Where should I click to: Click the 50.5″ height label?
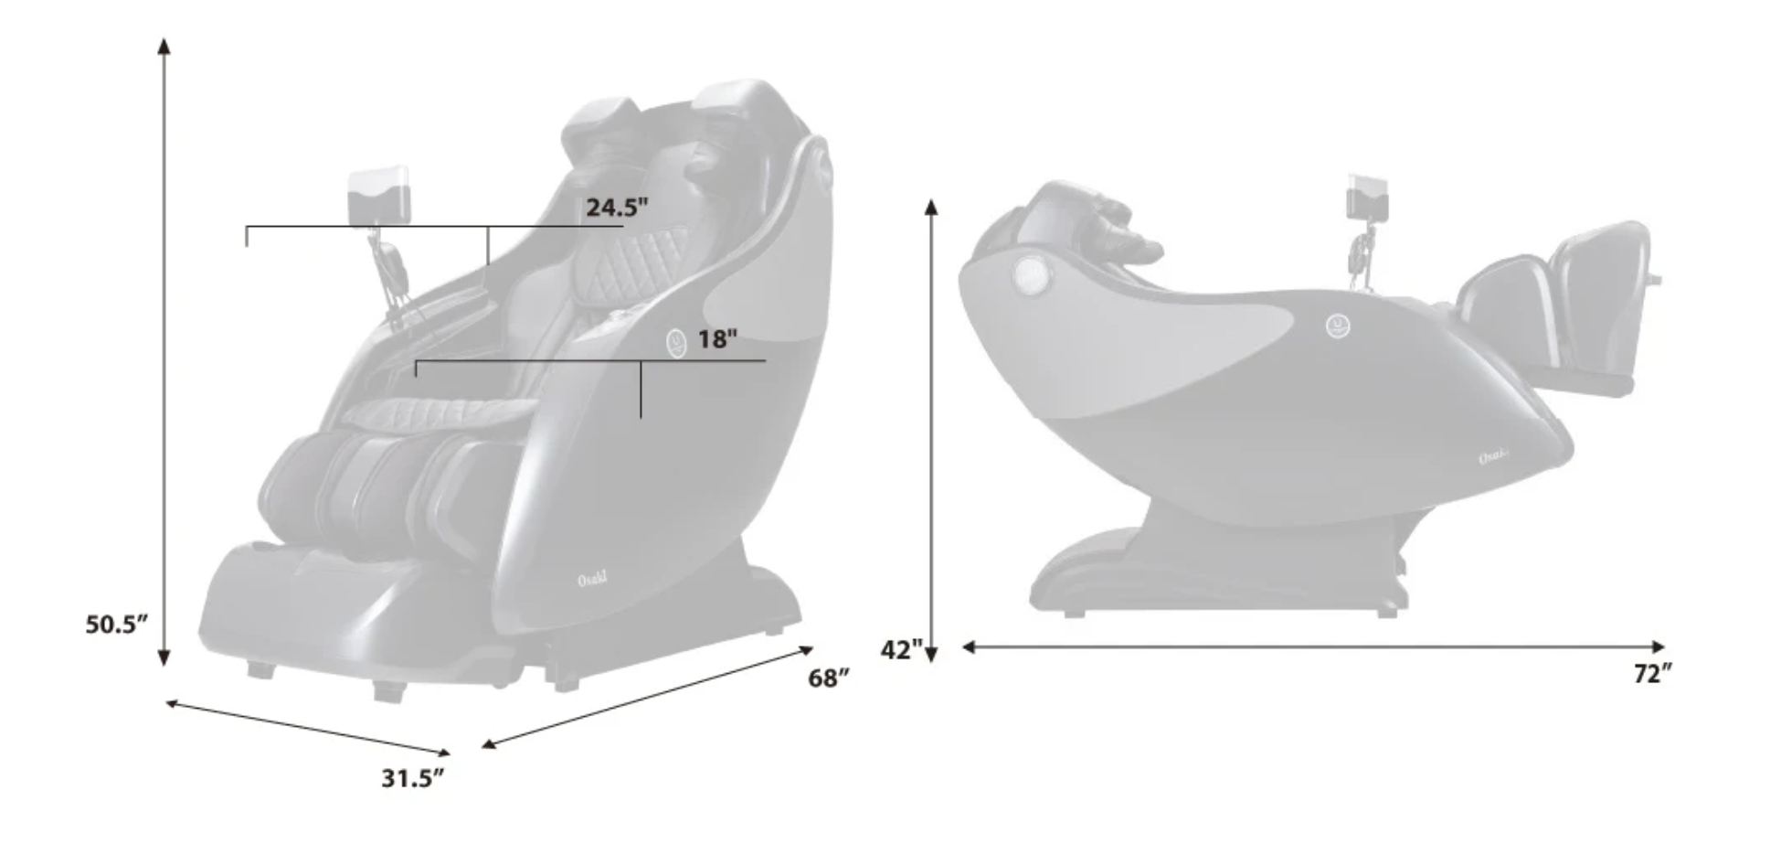(x=116, y=625)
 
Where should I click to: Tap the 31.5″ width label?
(x=412, y=778)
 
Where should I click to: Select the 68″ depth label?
(x=829, y=679)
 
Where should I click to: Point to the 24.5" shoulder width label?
(x=617, y=208)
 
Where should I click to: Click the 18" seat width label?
(x=717, y=339)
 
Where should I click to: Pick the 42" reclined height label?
(x=901, y=650)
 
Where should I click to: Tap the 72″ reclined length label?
(x=1653, y=674)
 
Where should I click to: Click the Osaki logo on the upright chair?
(x=592, y=579)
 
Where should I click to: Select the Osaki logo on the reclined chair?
(x=1494, y=455)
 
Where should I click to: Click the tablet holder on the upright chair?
(x=379, y=194)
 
